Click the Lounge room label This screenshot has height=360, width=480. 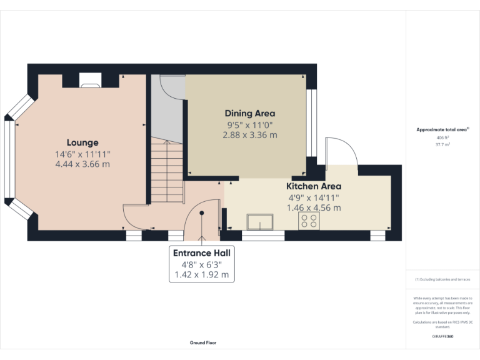[82, 142]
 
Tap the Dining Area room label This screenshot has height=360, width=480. [250, 113]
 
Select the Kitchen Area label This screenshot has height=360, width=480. [314, 186]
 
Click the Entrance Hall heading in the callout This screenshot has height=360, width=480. [201, 253]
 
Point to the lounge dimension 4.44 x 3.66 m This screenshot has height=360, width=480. [82, 164]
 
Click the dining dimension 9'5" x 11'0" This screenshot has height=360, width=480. [250, 124]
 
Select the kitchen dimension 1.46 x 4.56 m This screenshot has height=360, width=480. [314, 207]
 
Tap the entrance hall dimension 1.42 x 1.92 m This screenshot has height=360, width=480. [201, 274]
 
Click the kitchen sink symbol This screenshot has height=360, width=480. [260, 222]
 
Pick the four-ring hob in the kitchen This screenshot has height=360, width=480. [308, 221]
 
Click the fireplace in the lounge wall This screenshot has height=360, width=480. [90, 79]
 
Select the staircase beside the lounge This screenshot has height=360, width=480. [166, 172]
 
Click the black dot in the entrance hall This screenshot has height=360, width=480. [202, 213]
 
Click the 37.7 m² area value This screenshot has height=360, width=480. [442, 144]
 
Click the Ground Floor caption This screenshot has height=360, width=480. [203, 342]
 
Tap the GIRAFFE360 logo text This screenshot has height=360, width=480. [442, 337]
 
